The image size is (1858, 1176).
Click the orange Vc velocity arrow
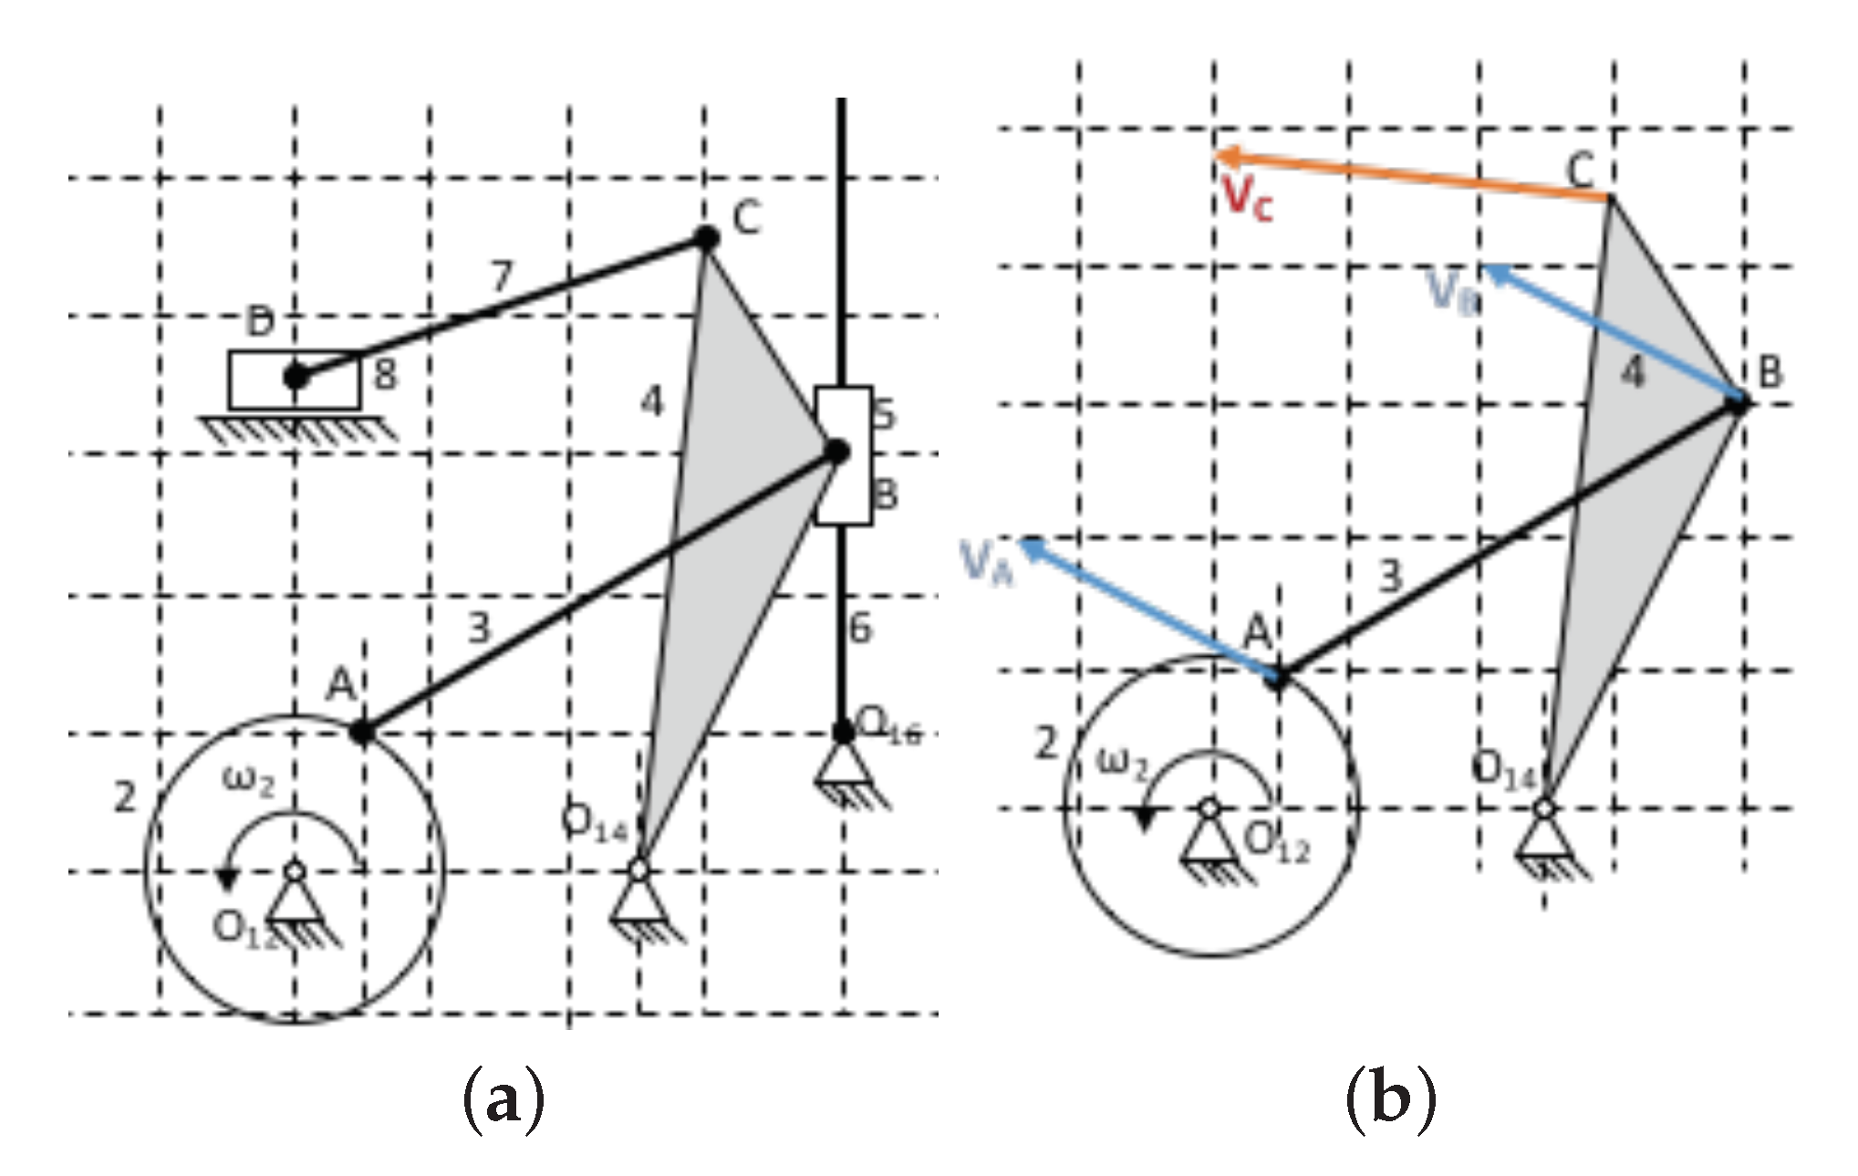click(x=1414, y=177)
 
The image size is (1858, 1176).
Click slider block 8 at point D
click(x=294, y=379)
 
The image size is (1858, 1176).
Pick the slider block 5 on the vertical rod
click(x=843, y=454)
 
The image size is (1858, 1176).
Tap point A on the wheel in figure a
click(x=363, y=731)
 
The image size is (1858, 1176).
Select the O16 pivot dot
click(x=843, y=731)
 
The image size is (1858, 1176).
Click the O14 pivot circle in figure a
click(x=638, y=870)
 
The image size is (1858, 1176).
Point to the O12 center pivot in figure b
click(x=1209, y=808)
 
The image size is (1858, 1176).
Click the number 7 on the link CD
click(x=502, y=276)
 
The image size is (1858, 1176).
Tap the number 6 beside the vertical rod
click(x=860, y=629)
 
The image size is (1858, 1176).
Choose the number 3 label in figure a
click(x=479, y=628)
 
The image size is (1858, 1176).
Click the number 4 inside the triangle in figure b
click(x=1634, y=372)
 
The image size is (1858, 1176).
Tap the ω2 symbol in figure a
click(x=247, y=781)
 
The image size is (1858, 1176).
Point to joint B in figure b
click(x=1739, y=401)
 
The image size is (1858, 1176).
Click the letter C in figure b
click(x=1580, y=170)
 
